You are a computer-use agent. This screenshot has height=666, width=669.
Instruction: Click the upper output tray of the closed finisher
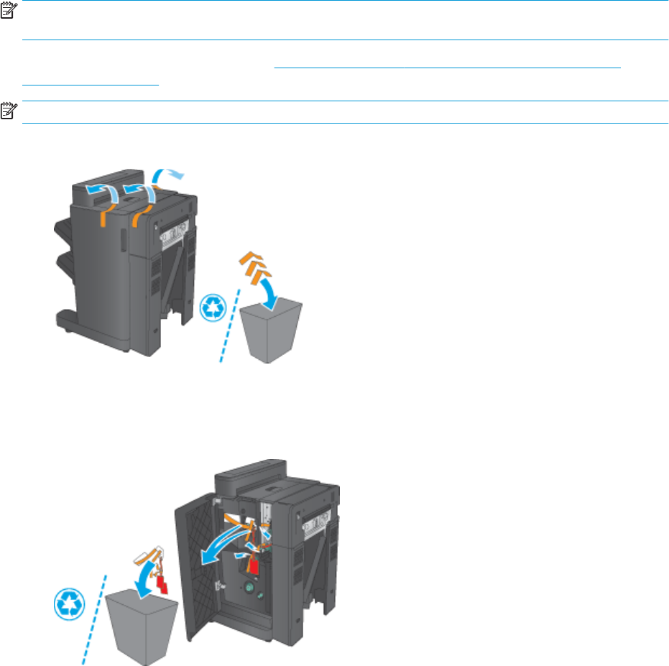coord(58,237)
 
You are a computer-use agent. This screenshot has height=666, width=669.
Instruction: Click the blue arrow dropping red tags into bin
coord(149,574)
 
